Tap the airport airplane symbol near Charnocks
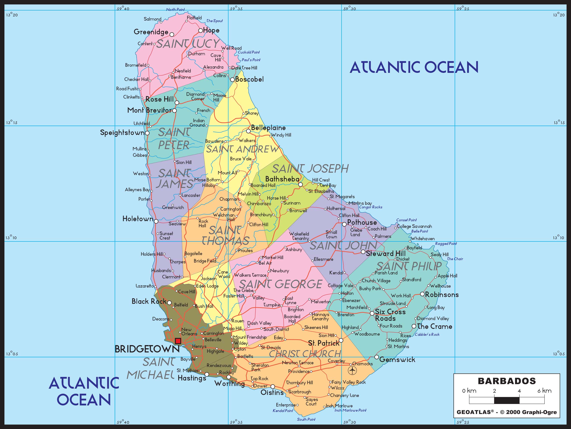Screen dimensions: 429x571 coord(352,371)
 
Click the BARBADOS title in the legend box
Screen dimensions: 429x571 coord(507,381)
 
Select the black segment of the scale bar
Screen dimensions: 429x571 coord(506,400)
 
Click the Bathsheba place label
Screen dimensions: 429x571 coord(282,179)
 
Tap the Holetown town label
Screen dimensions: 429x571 coord(138,219)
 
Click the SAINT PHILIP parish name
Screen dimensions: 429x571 coord(409,266)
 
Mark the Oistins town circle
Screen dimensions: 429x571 coord(273,386)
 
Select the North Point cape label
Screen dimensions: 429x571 coord(175,10)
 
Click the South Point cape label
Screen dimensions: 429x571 coord(306,419)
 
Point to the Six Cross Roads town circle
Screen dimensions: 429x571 coord(372,313)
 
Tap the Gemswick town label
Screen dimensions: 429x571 coord(397,360)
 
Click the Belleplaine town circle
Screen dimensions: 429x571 coord(248,131)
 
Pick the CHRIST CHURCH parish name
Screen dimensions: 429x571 coord(305,354)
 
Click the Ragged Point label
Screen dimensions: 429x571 coord(446,243)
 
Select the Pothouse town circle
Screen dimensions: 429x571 coord(344,224)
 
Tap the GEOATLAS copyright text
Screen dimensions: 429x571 coord(507,412)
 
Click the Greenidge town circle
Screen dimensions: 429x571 coord(172,34)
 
